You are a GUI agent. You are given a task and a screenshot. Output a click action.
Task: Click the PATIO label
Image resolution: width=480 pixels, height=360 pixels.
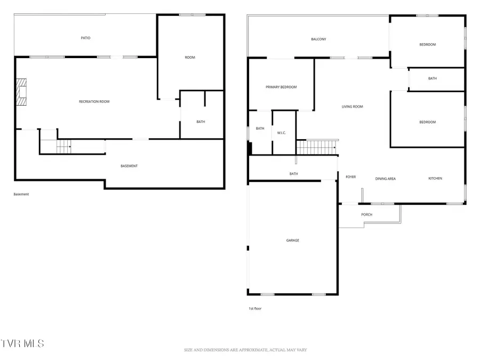coord(85,38)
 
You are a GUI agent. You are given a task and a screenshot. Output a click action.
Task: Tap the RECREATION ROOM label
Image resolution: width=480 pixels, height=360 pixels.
coord(94,102)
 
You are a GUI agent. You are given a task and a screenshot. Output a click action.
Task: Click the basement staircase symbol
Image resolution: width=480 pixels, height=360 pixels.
coord(63,146)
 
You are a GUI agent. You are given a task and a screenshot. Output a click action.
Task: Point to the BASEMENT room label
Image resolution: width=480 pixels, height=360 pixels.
coord(129,166)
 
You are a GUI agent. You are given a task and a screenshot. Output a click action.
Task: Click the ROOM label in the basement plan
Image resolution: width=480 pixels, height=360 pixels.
coord(190,58)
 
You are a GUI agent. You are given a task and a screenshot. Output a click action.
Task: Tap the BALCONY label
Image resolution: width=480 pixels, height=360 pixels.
coord(318,39)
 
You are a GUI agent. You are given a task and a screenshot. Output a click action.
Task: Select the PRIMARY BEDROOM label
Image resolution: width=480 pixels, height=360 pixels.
coord(281,87)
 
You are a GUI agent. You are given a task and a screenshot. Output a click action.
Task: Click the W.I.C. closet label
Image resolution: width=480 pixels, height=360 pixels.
coord(281,133)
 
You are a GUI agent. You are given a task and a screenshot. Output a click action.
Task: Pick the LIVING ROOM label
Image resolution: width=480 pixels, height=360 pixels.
coord(352,107)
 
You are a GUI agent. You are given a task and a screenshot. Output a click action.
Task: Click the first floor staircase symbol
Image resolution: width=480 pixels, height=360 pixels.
coord(317,147)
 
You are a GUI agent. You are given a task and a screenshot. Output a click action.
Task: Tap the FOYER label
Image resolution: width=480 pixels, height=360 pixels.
coord(350,177)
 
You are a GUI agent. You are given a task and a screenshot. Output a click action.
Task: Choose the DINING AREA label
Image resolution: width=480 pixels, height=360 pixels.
coord(386,179)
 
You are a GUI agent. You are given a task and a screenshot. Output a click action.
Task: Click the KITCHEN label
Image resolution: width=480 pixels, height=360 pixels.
coord(435,179)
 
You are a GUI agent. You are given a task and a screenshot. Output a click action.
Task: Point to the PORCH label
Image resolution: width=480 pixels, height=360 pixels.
coord(366,214)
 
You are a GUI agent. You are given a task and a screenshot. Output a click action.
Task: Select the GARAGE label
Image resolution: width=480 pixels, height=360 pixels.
coord(293,241)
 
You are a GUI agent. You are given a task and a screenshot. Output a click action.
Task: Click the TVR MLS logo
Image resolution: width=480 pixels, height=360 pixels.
coord(22,343)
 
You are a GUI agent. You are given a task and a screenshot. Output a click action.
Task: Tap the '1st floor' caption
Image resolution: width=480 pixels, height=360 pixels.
coord(255,309)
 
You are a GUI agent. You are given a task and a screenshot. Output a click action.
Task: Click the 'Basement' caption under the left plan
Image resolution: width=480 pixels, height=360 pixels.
coord(21,194)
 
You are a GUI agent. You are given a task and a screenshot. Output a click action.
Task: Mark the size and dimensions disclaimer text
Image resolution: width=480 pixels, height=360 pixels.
coord(245,350)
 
